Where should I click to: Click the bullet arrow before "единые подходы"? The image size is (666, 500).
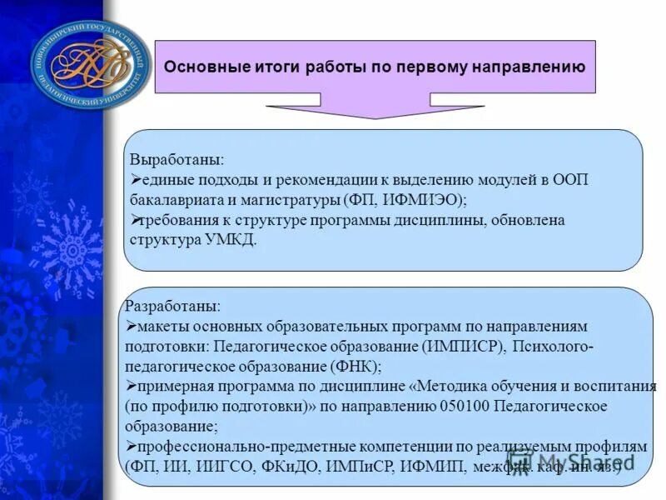pyautogui.click(x=137, y=180)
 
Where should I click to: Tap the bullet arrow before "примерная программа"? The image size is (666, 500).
pyautogui.click(x=130, y=386)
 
